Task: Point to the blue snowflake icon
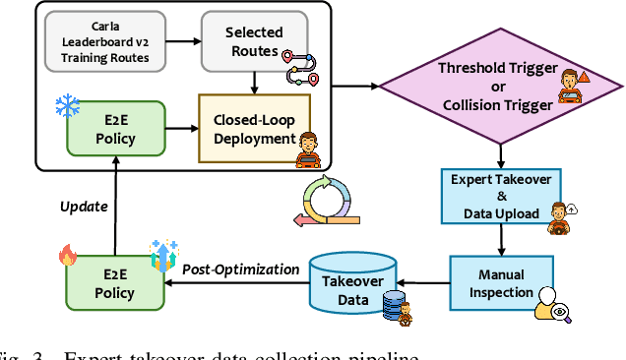coord(66,104)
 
